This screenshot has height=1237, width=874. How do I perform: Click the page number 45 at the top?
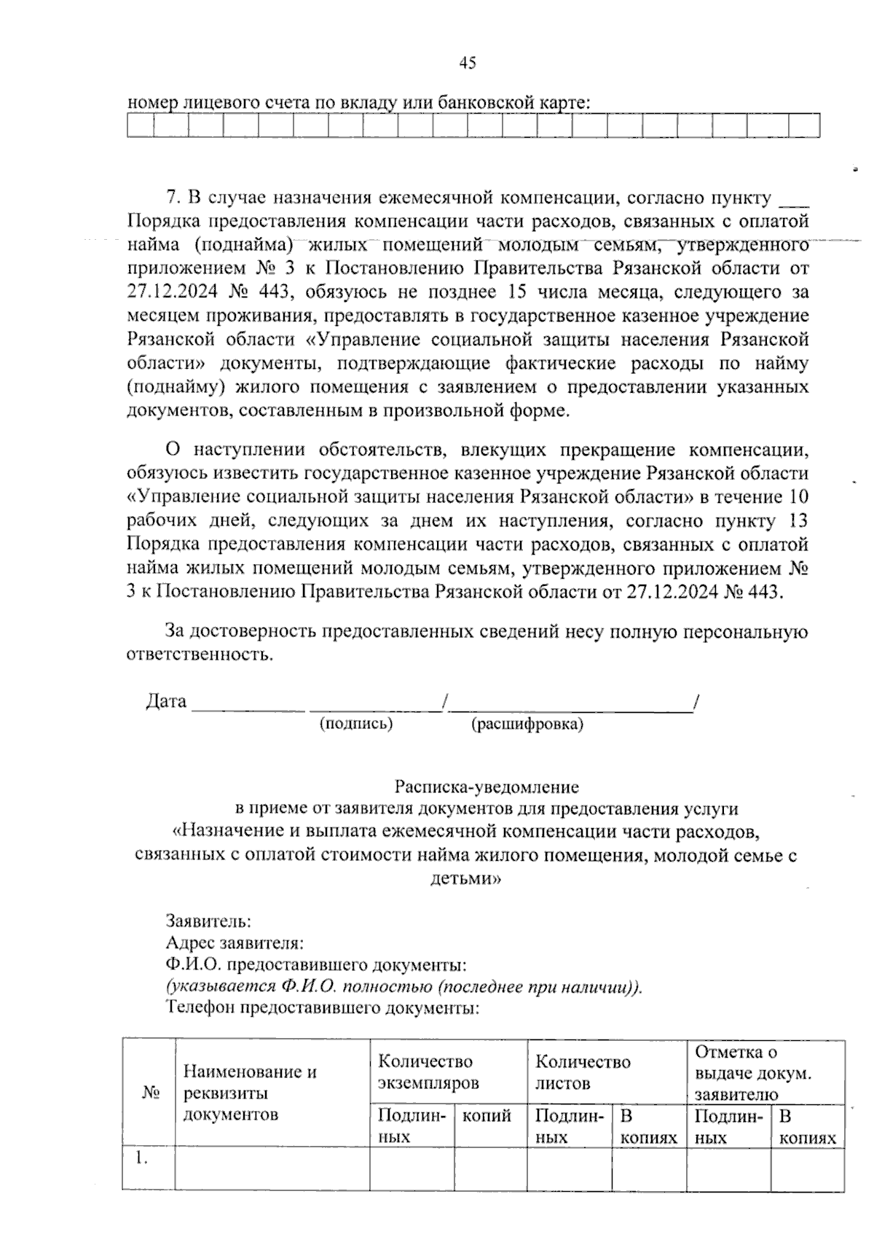click(468, 63)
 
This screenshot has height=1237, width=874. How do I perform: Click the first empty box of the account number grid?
click(141, 126)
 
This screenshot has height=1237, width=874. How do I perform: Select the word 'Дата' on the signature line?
click(166, 701)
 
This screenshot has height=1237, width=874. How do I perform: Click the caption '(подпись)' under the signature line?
click(356, 724)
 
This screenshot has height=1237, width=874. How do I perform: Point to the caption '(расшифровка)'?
click(527, 725)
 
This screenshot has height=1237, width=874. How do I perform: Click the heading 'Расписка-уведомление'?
click(487, 787)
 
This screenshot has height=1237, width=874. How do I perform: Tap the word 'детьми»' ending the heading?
click(466, 878)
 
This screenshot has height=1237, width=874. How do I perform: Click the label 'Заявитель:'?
click(210, 921)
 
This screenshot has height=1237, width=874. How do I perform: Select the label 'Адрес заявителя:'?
click(235, 943)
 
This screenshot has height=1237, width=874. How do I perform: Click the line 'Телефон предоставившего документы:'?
click(323, 1009)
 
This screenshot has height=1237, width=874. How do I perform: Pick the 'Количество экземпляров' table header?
click(428, 1072)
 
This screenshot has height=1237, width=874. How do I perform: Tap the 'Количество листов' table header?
click(582, 1072)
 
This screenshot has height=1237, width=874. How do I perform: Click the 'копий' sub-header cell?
click(487, 1116)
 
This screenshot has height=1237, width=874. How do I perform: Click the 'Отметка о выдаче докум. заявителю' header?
click(754, 1072)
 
